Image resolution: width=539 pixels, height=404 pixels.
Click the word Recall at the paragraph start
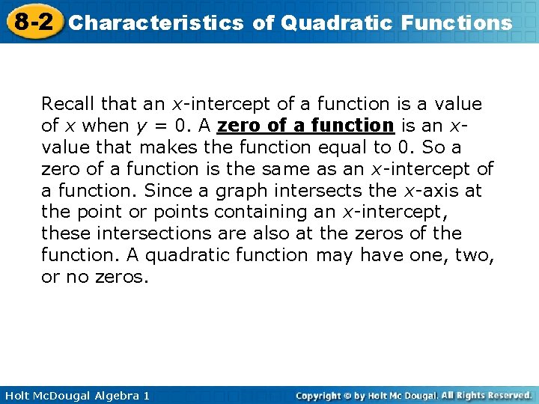pos(67,104)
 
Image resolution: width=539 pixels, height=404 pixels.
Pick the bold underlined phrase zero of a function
pos(305,126)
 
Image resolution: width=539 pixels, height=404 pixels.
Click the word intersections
pos(143,233)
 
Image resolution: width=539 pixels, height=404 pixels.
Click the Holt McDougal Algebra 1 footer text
pos(75,395)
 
